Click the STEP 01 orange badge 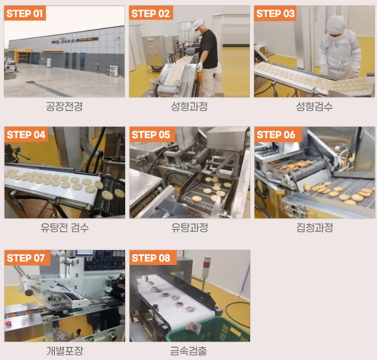[25, 13]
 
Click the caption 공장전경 [65, 107]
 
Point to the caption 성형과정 [189, 107]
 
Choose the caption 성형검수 [314, 107]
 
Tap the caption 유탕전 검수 [65, 227]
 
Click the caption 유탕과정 [189, 227]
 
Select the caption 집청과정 [314, 227]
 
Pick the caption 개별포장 [65, 351]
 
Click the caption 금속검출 [188, 351]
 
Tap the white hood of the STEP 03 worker [336, 25]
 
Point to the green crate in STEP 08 [210, 329]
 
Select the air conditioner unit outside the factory [114, 71]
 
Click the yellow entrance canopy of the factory [23, 51]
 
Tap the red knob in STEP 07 [8, 323]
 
